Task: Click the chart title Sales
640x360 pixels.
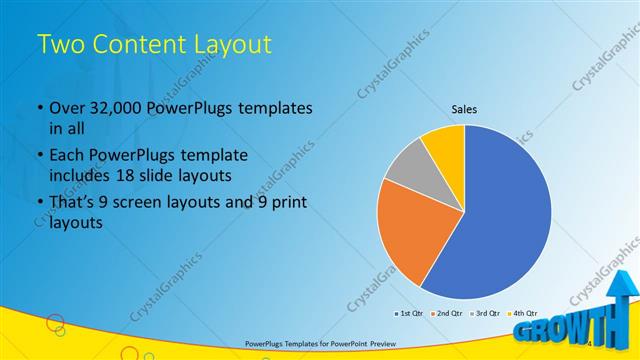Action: [464, 108]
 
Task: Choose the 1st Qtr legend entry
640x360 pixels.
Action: [410, 313]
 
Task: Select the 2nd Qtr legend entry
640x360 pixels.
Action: [447, 313]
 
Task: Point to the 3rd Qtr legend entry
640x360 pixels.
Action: [485, 313]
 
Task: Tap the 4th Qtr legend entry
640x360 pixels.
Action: [522, 313]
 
